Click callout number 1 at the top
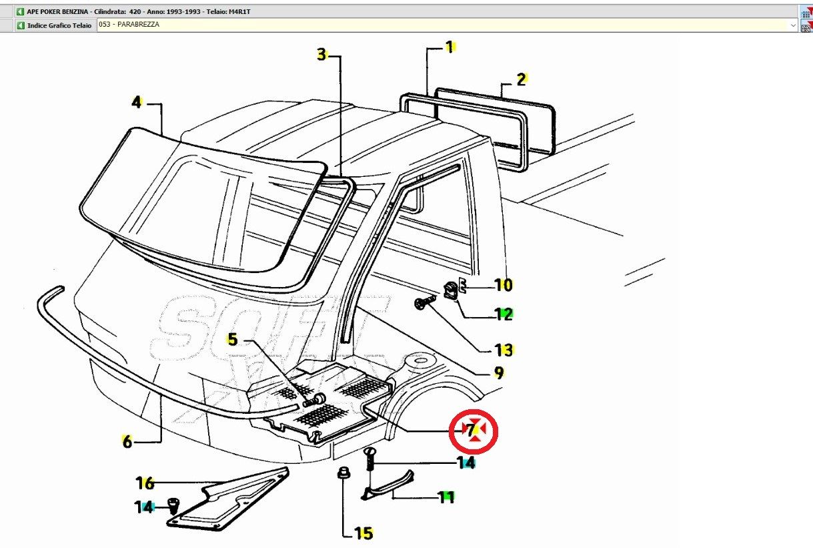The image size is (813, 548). point(450,47)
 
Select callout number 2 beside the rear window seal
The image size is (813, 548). point(522,79)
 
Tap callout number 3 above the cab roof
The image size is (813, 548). point(321,55)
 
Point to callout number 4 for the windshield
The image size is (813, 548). point(136,102)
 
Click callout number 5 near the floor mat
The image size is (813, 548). point(232,339)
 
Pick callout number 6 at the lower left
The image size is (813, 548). point(127,441)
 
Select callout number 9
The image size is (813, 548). point(498,373)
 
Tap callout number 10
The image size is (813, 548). point(503,285)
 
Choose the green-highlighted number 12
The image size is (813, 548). point(503,314)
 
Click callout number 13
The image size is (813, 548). point(503,350)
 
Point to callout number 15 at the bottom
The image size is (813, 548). point(363,533)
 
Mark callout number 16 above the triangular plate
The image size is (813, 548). point(145,482)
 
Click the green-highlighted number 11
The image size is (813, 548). point(446,497)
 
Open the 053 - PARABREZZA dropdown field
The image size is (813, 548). point(447,25)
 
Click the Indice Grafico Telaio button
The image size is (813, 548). point(55,25)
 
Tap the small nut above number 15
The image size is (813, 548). point(343,473)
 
